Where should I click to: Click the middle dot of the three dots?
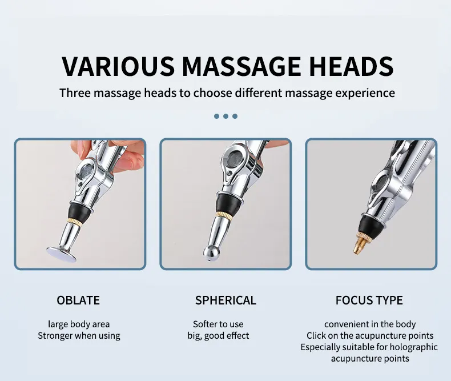226,116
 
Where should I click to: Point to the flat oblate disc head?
63,251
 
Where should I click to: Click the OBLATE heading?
78,300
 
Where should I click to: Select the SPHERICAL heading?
226,300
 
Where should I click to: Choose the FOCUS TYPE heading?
369,300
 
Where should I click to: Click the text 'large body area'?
79,324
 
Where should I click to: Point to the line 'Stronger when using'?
79,335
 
